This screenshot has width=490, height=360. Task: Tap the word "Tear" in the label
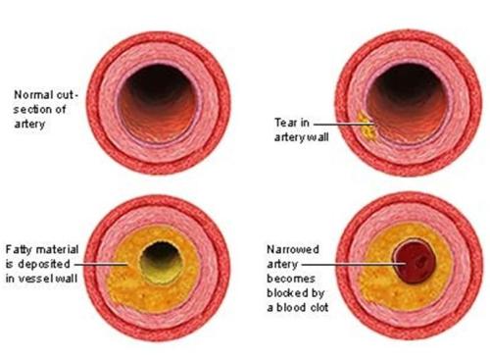pos(286,123)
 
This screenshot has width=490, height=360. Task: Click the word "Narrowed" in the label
pos(293,249)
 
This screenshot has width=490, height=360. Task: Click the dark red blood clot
pos(415,262)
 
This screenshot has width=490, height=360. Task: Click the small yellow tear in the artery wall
pos(367,127)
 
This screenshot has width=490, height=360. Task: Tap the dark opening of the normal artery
pos(158,102)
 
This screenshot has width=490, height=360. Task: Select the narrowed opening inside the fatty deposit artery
pos(161,262)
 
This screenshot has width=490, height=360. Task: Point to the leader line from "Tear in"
pos(344,125)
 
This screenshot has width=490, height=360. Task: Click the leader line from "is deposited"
pos(100,264)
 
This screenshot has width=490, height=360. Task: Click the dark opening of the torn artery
pos(407,102)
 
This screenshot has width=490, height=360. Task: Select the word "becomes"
pos(291,279)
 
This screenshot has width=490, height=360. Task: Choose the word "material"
pos(57,249)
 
